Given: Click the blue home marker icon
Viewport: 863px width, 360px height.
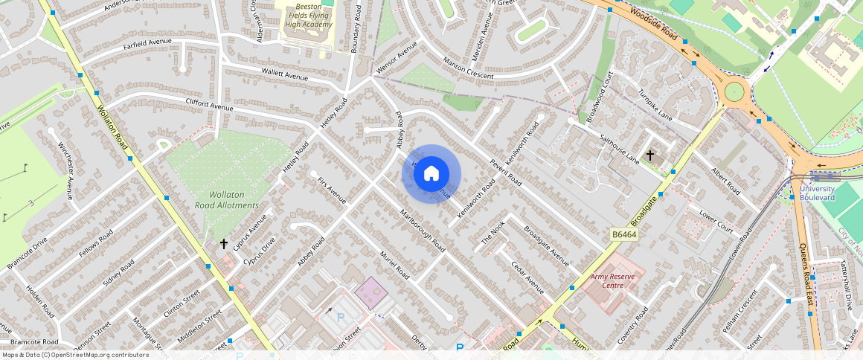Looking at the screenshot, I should (x=431, y=173).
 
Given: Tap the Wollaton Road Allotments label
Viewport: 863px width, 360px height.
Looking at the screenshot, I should (x=227, y=199).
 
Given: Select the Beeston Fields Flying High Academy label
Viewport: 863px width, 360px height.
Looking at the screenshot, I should (x=308, y=14).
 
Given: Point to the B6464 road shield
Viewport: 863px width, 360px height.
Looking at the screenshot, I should (x=626, y=234).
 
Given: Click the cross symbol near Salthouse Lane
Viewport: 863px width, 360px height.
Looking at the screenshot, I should (x=650, y=155).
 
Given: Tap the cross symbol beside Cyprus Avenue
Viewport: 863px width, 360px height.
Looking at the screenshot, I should (x=223, y=243).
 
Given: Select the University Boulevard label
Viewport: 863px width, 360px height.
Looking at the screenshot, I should (x=817, y=193).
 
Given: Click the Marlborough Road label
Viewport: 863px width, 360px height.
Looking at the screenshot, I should (x=422, y=231).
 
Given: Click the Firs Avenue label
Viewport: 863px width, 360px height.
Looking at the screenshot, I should (x=332, y=190).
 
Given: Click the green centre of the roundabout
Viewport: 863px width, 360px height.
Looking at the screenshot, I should (x=734, y=91).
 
